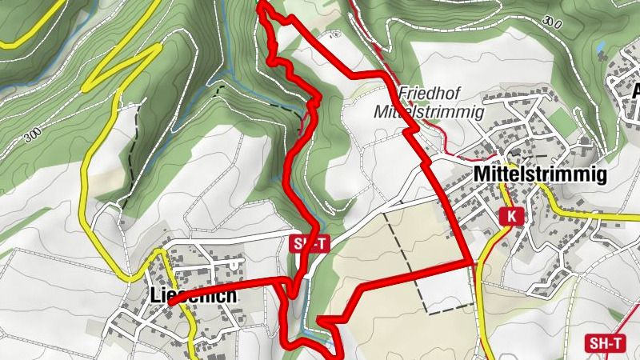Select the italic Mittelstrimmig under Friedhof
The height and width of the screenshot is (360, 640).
(429, 112)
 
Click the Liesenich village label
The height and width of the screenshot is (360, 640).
(193, 295)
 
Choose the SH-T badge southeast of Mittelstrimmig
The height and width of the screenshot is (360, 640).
(606, 343)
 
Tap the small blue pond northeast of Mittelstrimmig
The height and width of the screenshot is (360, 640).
(600, 46)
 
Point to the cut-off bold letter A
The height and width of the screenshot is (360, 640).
(635, 90)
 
